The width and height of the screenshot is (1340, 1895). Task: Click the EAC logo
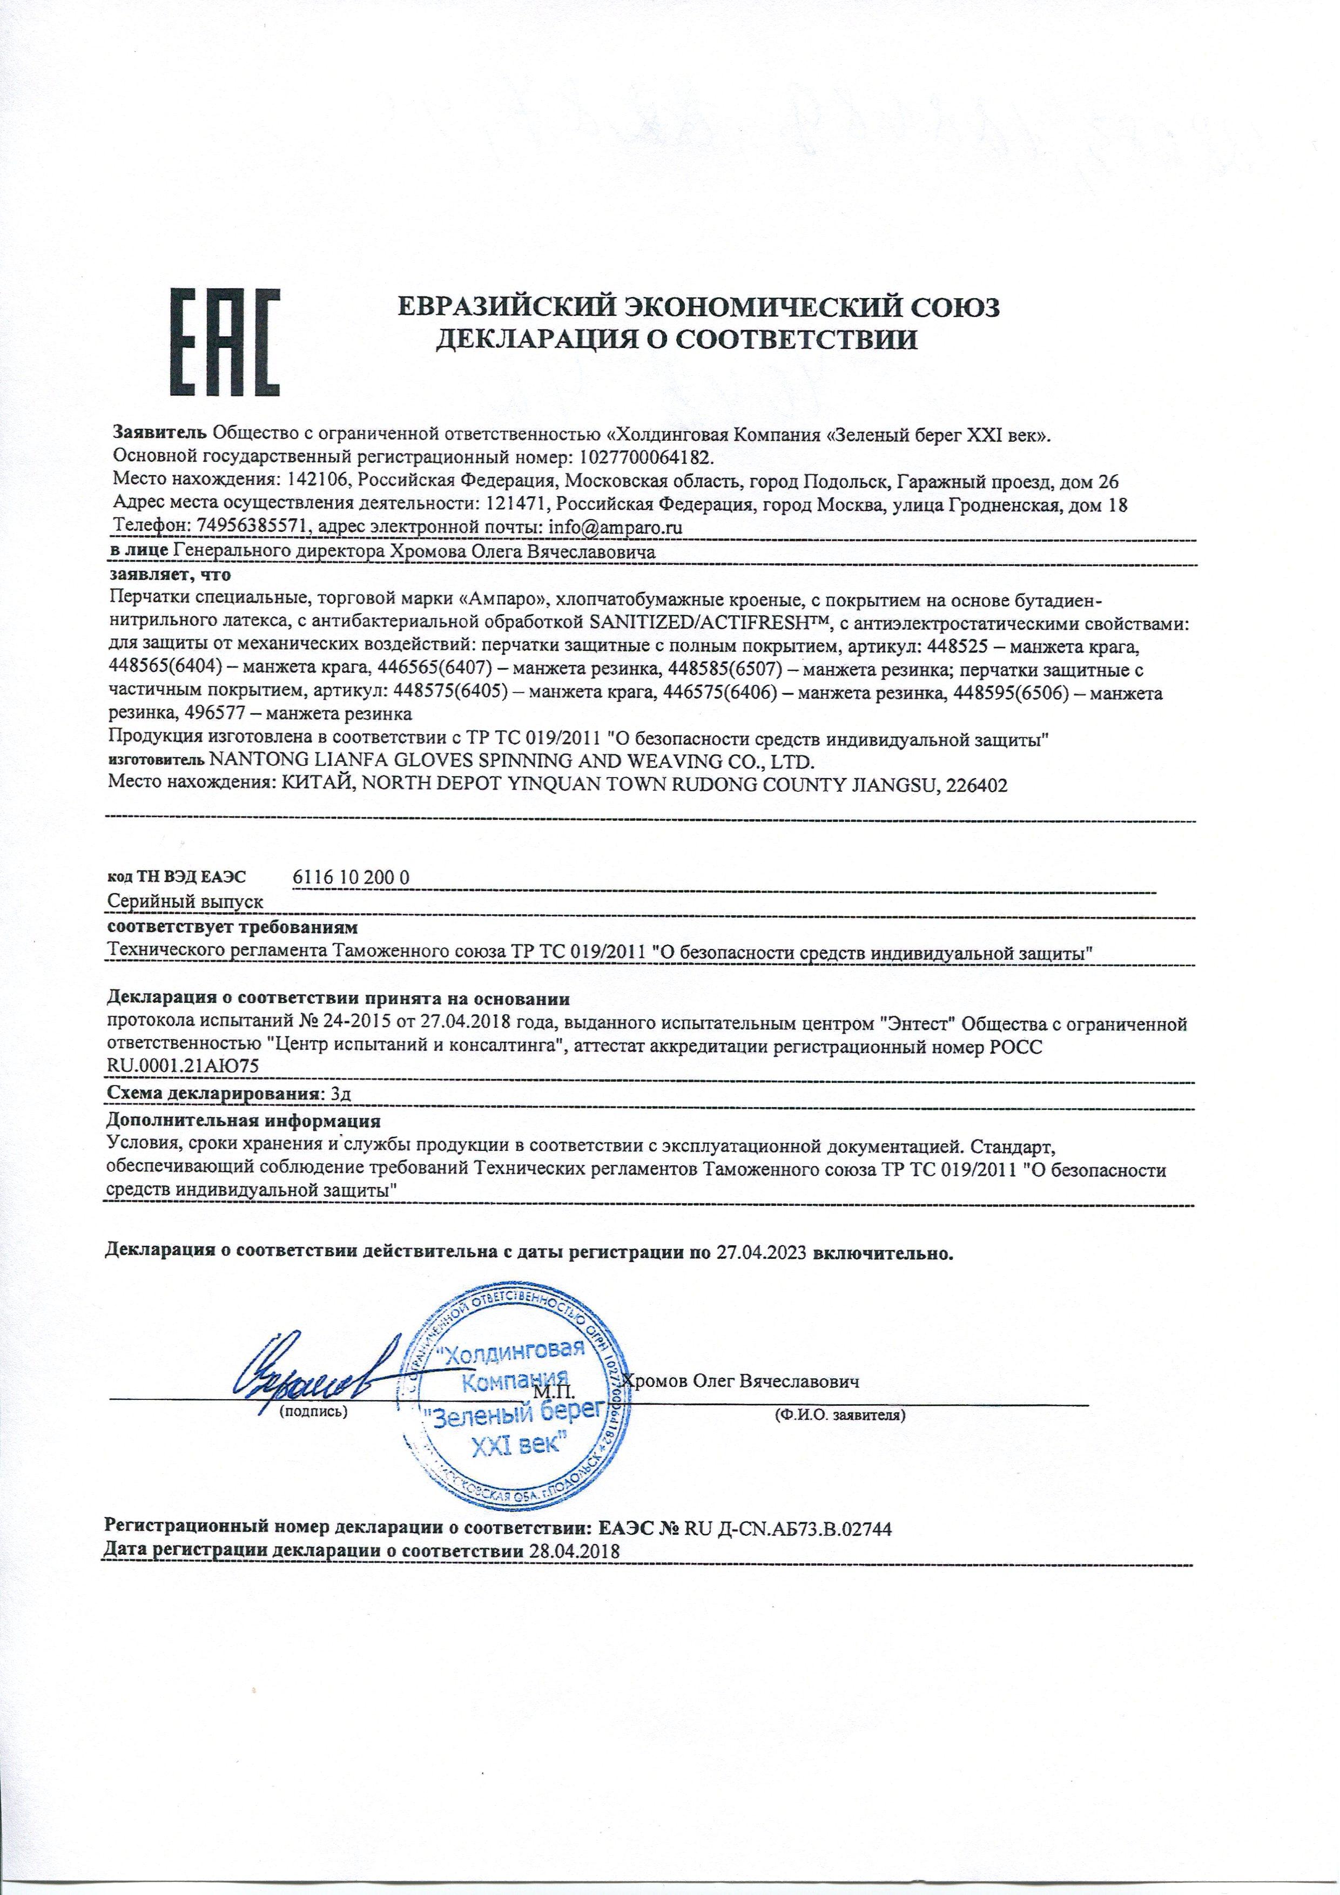[225, 342]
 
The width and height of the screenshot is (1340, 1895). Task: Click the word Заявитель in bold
[160, 434]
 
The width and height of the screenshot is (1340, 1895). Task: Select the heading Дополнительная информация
[244, 1121]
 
